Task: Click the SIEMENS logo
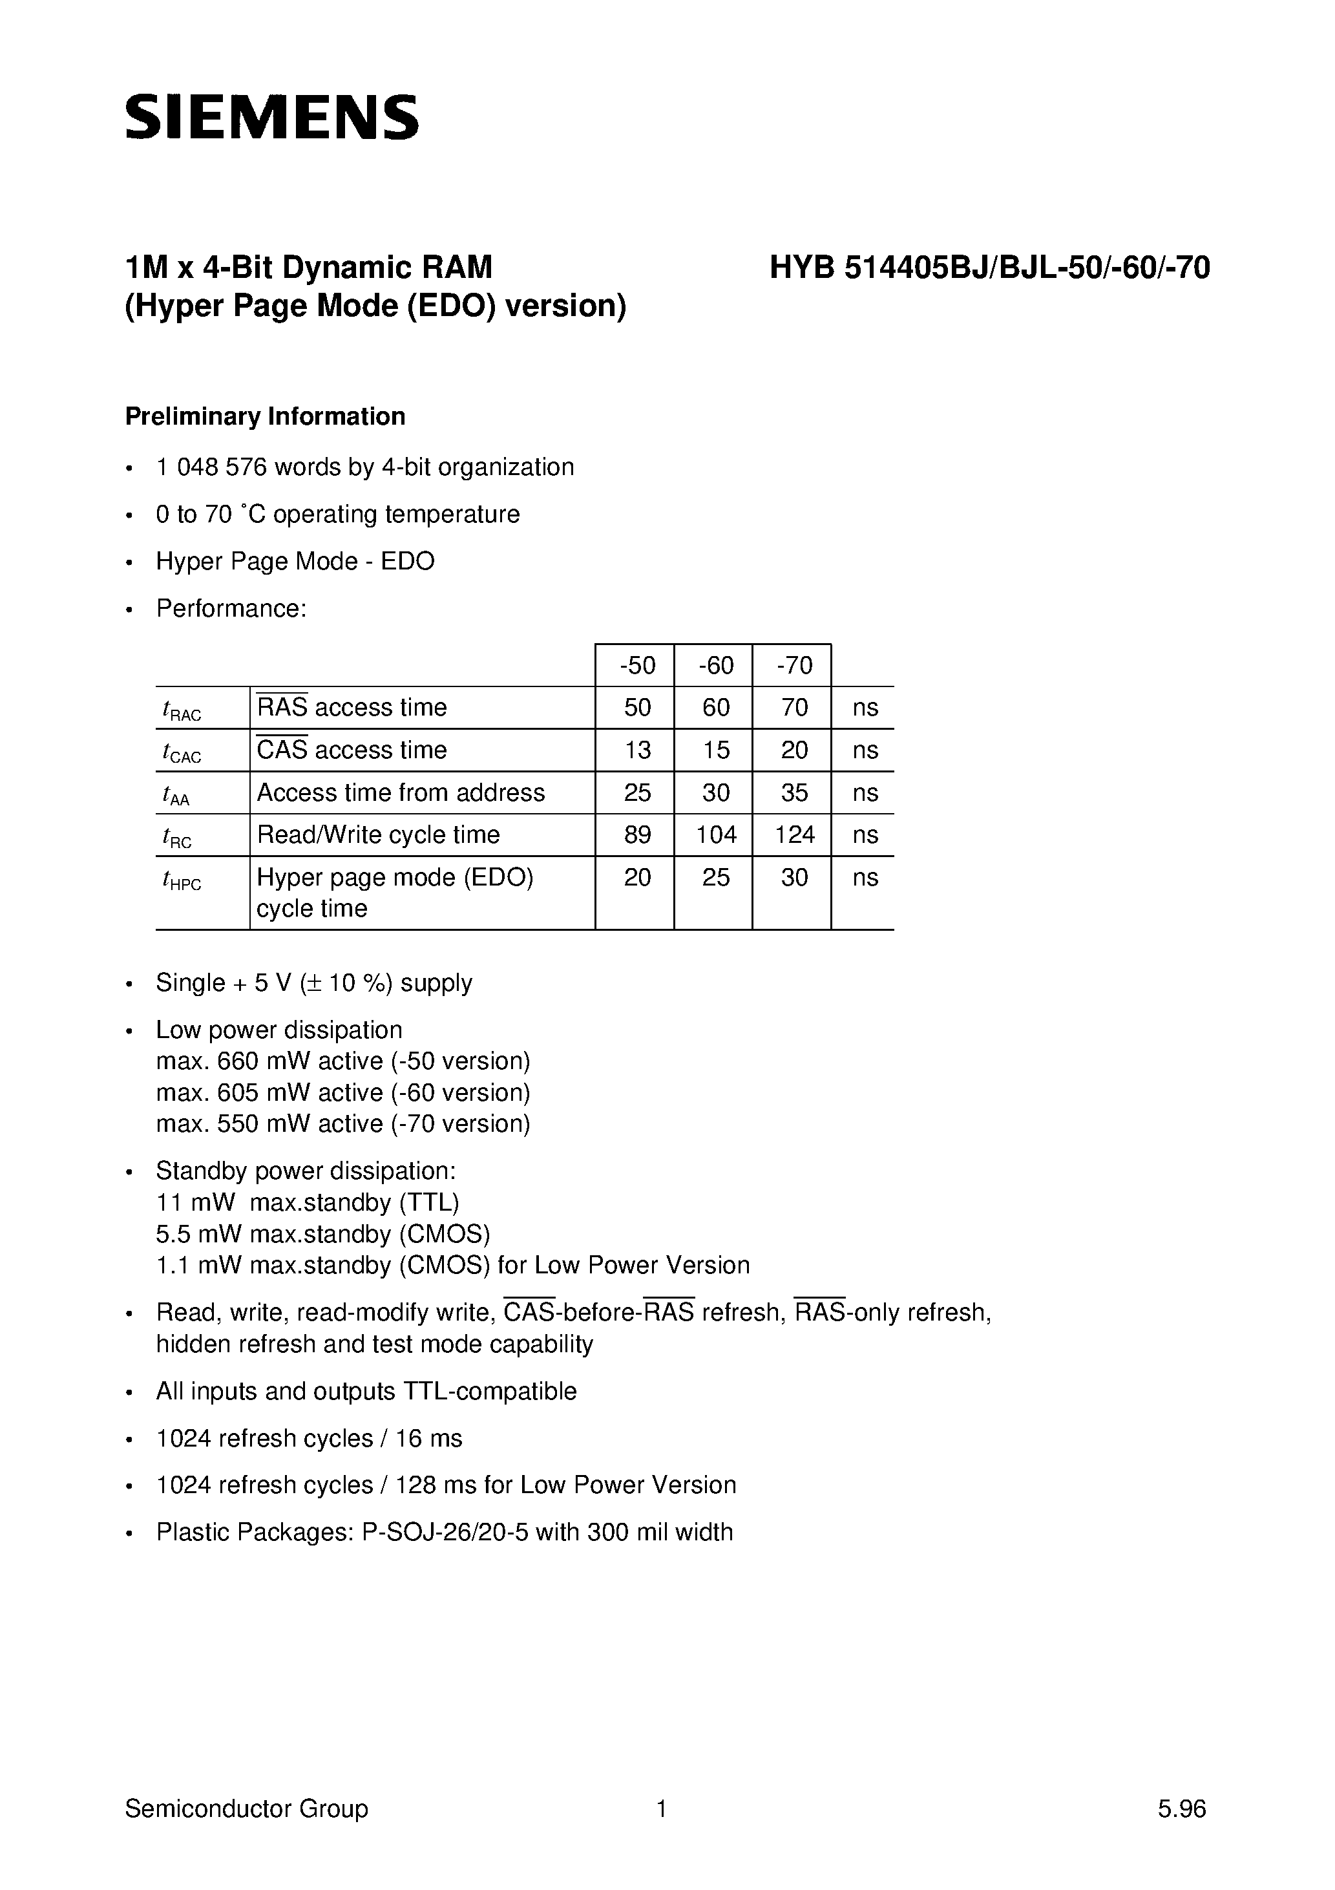(x=271, y=117)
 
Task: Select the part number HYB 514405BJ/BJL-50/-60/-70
(x=989, y=268)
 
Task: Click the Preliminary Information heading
(x=265, y=416)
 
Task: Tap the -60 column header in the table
(x=715, y=665)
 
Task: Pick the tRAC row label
(x=182, y=710)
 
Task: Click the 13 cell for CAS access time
(x=637, y=750)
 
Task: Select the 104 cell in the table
(x=715, y=834)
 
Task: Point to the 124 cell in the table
(x=794, y=834)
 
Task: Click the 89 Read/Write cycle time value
(x=637, y=834)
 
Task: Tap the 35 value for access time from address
(x=794, y=792)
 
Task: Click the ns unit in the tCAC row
(x=865, y=750)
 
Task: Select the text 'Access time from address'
(x=401, y=792)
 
